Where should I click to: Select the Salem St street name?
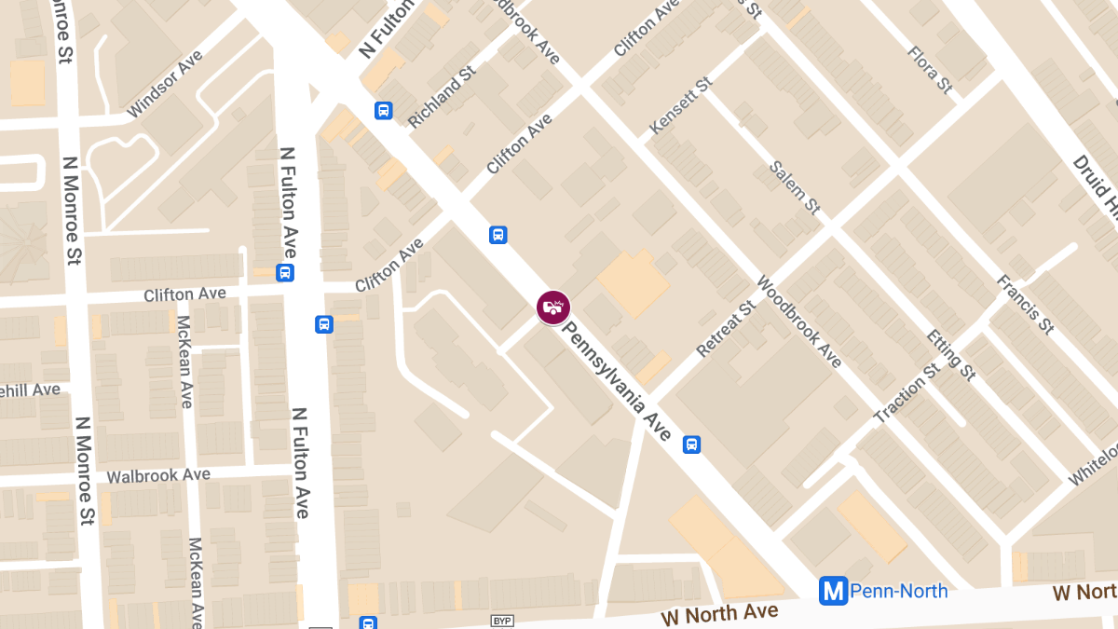[795, 187]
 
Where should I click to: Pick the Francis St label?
[1024, 304]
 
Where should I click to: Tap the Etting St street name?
[951, 354]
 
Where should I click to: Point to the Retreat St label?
[726, 329]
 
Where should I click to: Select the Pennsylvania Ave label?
[618, 381]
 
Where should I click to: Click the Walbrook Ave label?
[158, 475]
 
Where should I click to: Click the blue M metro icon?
[833, 591]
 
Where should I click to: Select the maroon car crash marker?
[553, 307]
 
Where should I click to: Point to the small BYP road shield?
[502, 620]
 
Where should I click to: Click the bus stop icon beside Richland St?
[383, 111]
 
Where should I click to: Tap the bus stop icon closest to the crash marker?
[498, 235]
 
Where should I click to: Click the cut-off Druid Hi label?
[1094, 187]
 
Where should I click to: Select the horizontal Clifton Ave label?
[184, 294]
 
